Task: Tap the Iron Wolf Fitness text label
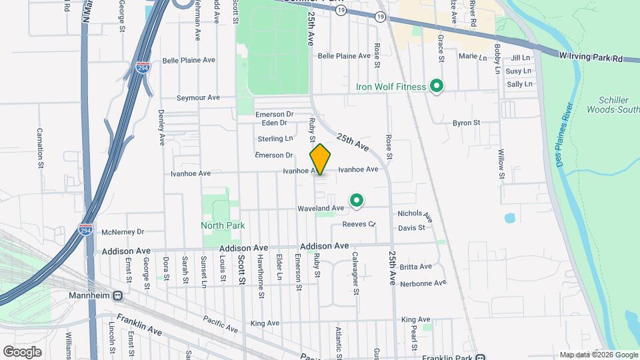391,87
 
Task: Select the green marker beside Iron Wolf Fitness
437,87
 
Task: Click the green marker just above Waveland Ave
357,199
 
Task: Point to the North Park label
223,225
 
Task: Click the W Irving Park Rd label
591,58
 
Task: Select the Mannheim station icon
117,295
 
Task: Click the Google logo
22,351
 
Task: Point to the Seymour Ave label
198,98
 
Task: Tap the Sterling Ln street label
275,139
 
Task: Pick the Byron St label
467,123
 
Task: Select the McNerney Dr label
123,232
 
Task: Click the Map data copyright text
597,355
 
